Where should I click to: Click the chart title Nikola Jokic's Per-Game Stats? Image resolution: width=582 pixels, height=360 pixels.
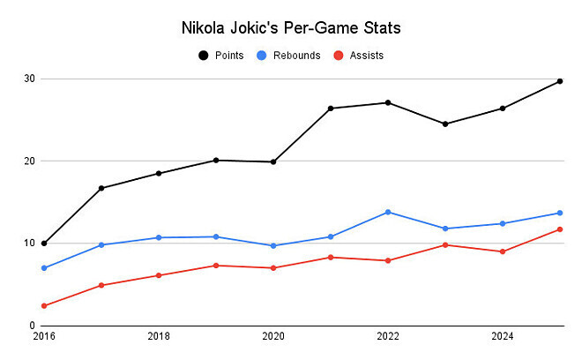[x=290, y=28]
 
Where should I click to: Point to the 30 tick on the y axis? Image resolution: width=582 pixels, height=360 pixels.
[x=29, y=79]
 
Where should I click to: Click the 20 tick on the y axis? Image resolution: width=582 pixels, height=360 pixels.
[x=29, y=161]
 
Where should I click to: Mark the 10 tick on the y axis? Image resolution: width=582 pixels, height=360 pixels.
[x=29, y=244]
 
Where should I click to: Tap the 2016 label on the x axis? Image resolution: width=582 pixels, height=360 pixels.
[x=44, y=336]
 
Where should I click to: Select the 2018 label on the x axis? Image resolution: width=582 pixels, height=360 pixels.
[x=159, y=336]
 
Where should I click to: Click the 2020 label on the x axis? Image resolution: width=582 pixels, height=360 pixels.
[x=273, y=336]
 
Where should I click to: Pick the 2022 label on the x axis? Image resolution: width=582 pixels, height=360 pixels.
[x=388, y=336]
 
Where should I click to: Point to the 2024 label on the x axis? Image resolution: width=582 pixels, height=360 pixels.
[x=503, y=336]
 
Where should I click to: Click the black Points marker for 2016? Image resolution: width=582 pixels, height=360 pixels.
[x=44, y=244]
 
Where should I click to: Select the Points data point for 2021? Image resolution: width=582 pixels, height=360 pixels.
[x=331, y=109]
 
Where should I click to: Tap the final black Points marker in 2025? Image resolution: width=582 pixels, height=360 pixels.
[x=560, y=81]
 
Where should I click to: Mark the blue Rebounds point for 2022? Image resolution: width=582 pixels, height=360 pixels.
[x=388, y=212]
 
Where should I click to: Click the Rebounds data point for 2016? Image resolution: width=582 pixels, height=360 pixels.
[x=44, y=268]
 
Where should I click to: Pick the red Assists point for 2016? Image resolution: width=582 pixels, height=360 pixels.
[x=44, y=306]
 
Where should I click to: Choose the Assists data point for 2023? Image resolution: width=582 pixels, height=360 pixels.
[x=445, y=244]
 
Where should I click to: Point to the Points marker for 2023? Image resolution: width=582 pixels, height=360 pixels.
[x=445, y=124]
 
